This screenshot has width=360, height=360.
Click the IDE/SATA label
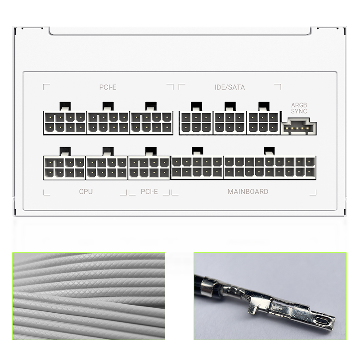click(230, 87)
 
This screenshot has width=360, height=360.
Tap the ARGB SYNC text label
click(299, 108)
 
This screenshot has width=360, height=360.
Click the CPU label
click(85, 192)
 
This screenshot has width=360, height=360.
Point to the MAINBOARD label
click(247, 192)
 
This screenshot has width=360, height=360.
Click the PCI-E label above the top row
click(108, 87)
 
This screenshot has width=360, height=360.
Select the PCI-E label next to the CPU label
click(149, 192)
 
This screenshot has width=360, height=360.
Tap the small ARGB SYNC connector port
click(299, 127)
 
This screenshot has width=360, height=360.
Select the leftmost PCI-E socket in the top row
click(65, 122)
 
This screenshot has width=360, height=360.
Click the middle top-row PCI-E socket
click(108, 122)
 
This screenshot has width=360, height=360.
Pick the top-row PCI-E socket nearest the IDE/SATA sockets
click(152, 122)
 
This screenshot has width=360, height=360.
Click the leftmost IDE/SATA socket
click(196, 122)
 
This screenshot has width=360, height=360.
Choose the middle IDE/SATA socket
click(229, 122)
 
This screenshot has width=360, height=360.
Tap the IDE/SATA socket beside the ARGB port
click(263, 122)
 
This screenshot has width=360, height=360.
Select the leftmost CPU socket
click(64, 167)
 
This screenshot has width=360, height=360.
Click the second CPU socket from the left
click(107, 167)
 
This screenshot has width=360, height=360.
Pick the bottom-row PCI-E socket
click(149, 167)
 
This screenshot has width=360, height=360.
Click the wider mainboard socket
click(270, 167)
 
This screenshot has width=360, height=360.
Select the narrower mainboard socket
click(197, 167)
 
